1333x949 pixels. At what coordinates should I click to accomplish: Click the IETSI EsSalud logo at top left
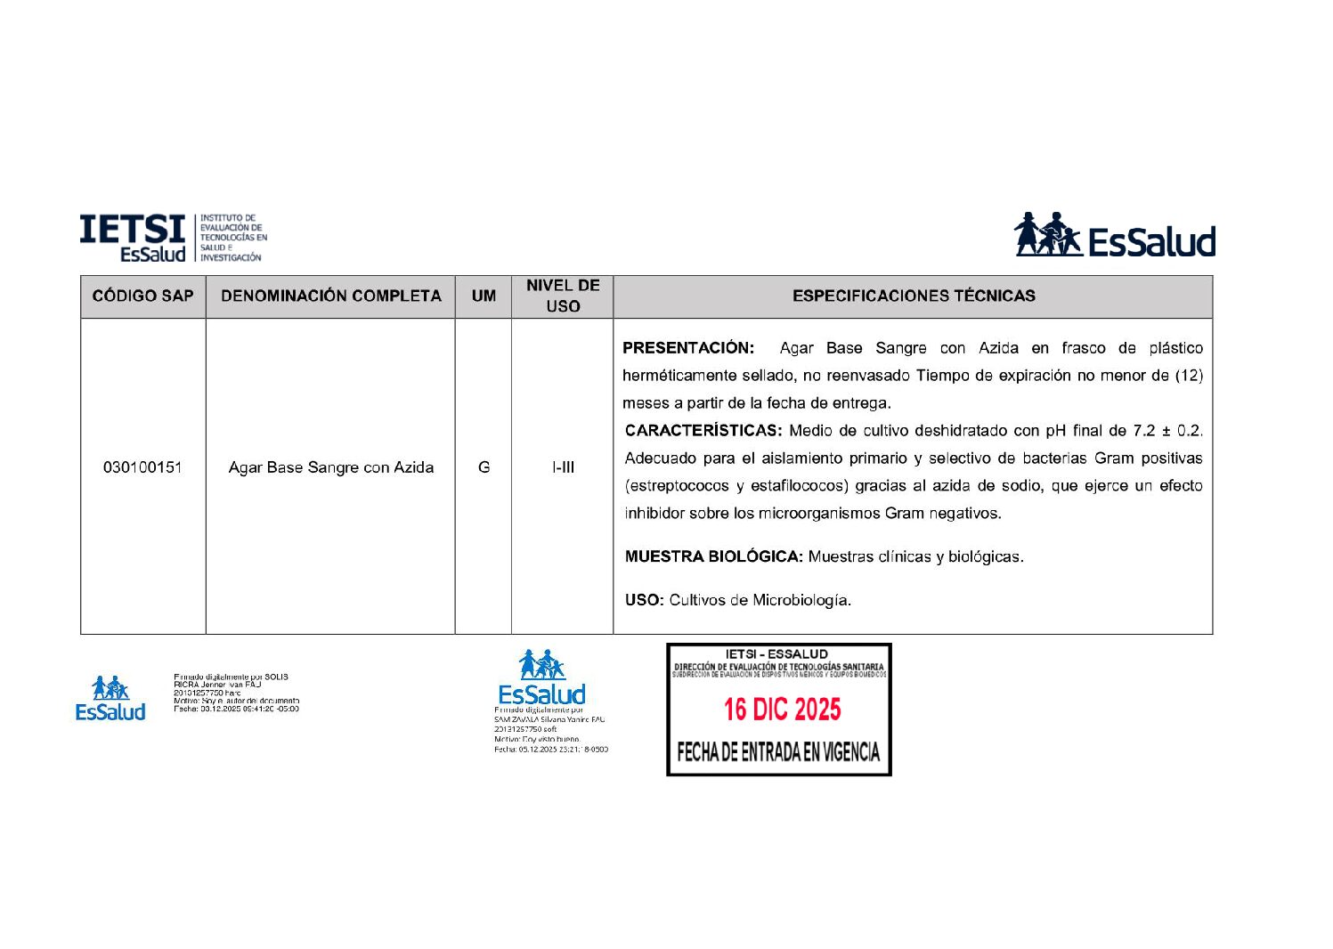(x=173, y=238)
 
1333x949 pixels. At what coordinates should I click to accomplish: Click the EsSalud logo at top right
(x=1114, y=236)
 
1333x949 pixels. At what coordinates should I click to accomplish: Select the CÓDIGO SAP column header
(x=142, y=296)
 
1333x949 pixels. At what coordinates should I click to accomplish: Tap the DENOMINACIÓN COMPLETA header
(x=330, y=296)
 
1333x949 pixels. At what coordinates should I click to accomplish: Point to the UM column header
(x=484, y=296)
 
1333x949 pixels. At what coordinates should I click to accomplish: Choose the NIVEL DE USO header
(x=563, y=296)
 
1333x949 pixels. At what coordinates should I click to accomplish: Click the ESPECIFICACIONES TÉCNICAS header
(x=914, y=296)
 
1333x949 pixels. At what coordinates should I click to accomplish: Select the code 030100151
(x=142, y=467)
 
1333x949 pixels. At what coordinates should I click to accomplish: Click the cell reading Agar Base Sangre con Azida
(x=330, y=467)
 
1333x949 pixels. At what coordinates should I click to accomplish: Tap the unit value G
(x=484, y=467)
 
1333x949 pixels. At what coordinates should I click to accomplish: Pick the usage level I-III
(x=563, y=467)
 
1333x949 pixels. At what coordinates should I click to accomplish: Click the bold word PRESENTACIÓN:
(x=688, y=348)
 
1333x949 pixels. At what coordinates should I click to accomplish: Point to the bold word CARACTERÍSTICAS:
(x=703, y=431)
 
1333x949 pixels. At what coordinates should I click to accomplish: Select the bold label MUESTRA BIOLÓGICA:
(x=713, y=557)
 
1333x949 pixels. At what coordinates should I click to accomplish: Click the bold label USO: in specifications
(x=644, y=601)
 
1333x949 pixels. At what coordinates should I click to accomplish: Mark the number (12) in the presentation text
(x=1189, y=376)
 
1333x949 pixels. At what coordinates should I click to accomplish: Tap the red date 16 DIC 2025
(x=782, y=710)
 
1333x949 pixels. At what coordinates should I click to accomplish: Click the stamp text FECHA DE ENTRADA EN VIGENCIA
(x=778, y=753)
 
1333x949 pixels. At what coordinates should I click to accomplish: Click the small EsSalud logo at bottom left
(x=110, y=699)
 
